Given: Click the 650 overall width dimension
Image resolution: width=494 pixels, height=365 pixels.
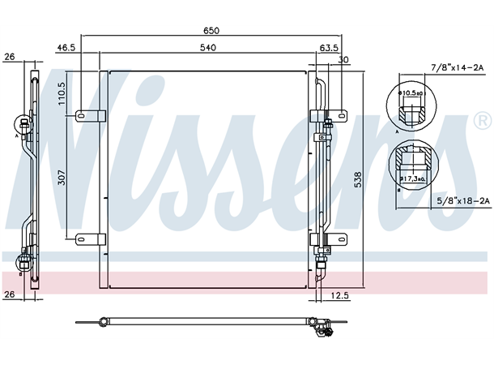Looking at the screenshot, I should coord(211,30).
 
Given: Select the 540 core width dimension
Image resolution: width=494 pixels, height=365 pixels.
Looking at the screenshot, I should coord(208,49).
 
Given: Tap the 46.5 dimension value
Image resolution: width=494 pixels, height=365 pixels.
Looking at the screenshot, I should coord(66,49).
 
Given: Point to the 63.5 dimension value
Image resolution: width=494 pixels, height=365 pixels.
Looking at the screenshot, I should coord(328,49).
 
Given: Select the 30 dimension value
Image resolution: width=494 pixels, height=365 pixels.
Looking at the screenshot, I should coord(343,60).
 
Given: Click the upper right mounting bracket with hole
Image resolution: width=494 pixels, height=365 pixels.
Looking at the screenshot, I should coord(338,116).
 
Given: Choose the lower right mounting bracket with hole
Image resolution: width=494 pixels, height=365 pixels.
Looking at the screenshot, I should coord(338,238).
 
